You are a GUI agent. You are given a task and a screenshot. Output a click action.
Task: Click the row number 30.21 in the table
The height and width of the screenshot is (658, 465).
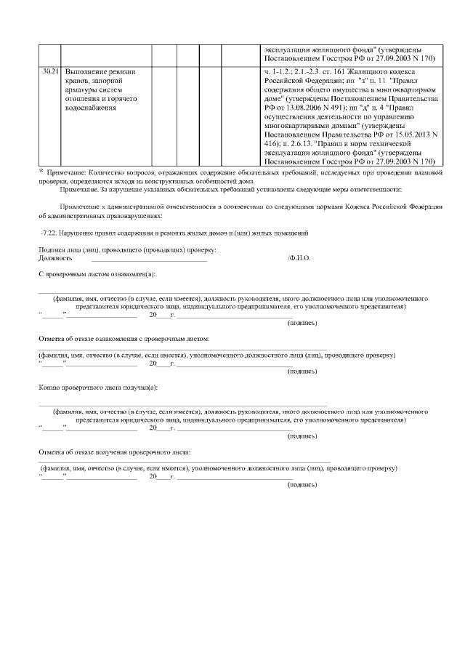point(49,73)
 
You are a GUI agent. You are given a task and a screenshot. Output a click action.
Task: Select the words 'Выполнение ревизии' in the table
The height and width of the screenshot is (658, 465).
point(97,73)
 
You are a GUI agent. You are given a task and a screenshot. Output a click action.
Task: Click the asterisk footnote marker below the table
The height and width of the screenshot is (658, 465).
point(41,171)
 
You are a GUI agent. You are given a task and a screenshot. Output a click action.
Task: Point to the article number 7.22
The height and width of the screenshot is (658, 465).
point(52,233)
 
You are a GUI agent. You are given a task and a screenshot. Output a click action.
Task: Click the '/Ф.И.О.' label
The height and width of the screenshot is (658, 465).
point(299,258)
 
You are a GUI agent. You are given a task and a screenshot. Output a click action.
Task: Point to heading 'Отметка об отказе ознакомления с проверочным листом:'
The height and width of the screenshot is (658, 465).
point(124,339)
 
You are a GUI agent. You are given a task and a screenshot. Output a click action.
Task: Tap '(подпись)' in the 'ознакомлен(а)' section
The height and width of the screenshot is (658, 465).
point(302,322)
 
